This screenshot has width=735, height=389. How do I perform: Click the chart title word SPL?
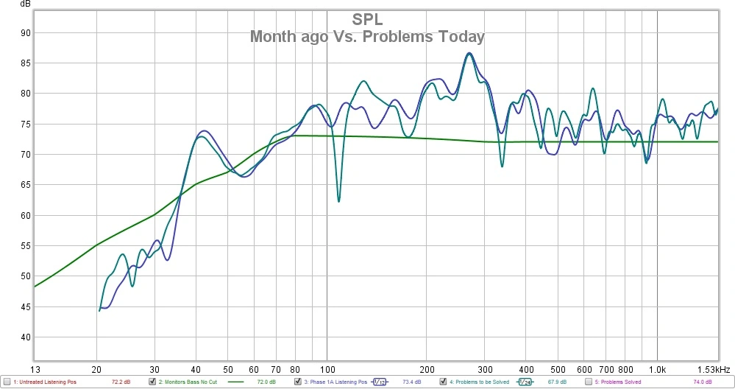pos(367,20)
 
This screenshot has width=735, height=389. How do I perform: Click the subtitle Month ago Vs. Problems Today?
pos(367,36)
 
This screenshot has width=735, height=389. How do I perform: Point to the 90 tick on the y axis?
pos(25,32)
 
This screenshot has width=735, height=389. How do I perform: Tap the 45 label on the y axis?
pos(25,307)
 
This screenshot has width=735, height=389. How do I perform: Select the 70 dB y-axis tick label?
pos(25,155)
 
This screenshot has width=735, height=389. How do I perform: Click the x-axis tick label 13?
pos(34,368)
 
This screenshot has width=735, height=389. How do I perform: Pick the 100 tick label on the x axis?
pos(327,368)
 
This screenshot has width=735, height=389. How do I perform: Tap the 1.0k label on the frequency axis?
pos(657,368)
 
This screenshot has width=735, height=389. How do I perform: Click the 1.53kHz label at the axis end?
pos(715,368)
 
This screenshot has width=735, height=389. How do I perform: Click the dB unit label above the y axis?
pos(26,4)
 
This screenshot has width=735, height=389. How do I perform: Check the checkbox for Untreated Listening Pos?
pos(6,382)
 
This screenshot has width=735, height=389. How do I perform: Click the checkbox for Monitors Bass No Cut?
pos(152,382)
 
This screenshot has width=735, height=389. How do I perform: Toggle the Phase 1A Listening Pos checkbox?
pos(297,382)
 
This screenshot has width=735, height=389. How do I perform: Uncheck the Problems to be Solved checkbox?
pos(443,382)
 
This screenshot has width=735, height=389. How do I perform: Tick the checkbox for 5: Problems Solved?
pos(589,382)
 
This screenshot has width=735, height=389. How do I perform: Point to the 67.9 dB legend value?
pos(555,382)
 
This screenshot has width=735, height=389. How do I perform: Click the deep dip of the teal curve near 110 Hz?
pos(338,200)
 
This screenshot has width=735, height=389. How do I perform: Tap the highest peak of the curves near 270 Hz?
pos(469,54)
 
